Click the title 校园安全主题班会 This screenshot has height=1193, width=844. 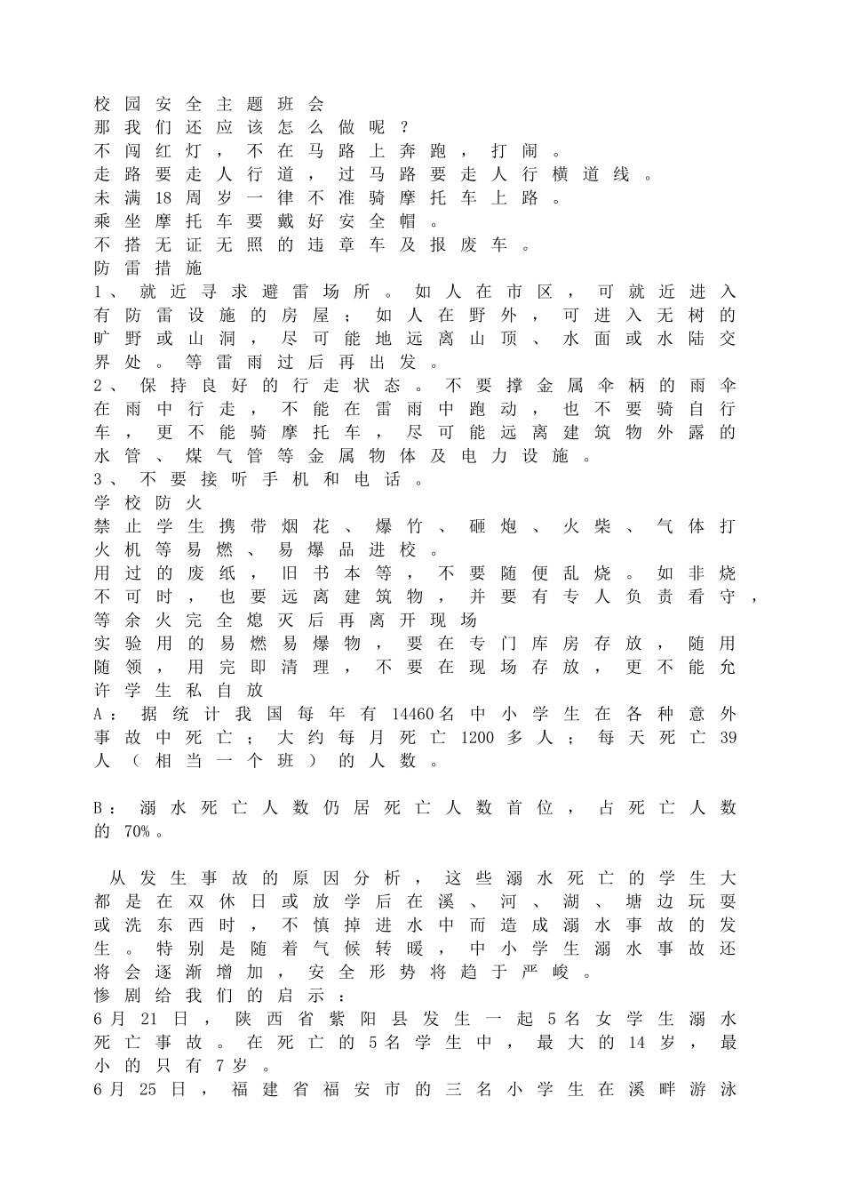coord(209,104)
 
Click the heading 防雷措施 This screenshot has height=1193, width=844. coord(148,268)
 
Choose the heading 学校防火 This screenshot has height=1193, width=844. coord(148,503)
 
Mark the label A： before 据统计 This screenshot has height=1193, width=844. coord(105,714)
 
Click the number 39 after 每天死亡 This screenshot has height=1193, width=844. coord(727,738)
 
